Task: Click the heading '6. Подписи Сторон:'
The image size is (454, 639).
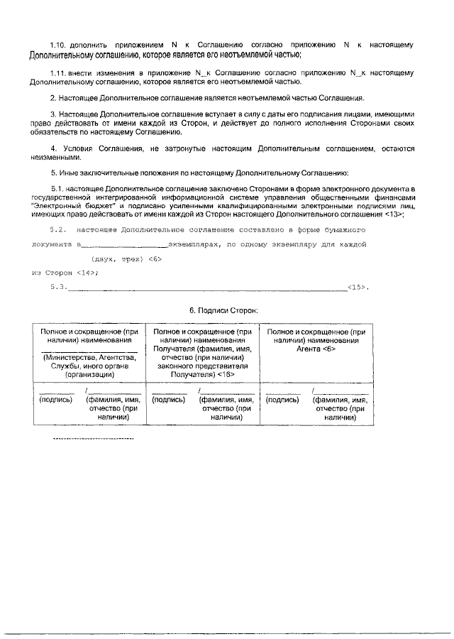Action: (x=223, y=310)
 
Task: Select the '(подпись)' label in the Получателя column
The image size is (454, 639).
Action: (x=170, y=400)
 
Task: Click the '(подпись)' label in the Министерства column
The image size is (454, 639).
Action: (x=56, y=400)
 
